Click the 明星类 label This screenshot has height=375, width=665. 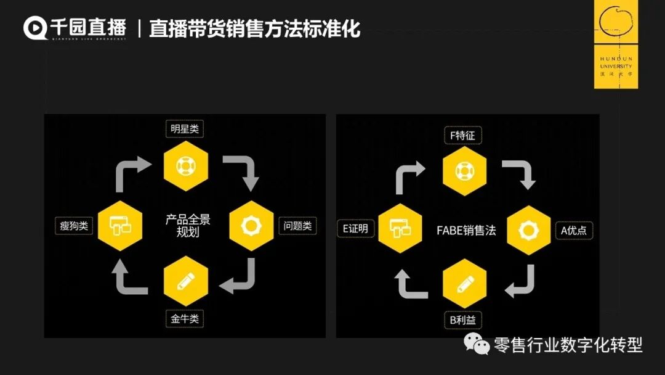[x=185, y=129]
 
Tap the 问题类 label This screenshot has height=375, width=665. [x=298, y=226]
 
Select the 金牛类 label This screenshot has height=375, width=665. [x=185, y=319]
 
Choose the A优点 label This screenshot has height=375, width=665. [x=573, y=230]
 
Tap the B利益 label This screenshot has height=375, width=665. [x=463, y=320]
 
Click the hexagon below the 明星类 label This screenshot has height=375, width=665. [x=185, y=166]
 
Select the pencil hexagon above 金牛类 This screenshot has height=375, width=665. [x=185, y=284]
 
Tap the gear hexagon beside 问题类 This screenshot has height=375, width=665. [x=251, y=225]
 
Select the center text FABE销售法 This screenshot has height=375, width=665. [x=466, y=231]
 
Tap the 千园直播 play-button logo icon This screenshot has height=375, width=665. [x=35, y=28]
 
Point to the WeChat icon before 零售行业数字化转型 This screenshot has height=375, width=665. [x=477, y=344]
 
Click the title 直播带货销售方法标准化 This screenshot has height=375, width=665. [x=254, y=28]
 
